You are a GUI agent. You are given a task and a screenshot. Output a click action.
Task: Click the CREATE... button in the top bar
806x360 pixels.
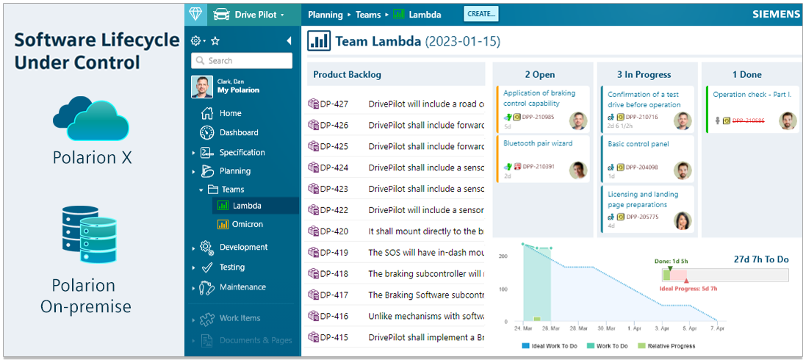tap(481, 13)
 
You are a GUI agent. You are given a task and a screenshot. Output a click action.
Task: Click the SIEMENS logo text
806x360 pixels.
tap(776, 14)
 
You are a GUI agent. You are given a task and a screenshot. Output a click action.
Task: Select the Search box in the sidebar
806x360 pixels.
tap(242, 61)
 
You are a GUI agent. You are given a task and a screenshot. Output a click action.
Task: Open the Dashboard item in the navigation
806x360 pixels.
tap(239, 133)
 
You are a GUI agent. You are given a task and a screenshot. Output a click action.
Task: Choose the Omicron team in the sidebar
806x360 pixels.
tap(247, 224)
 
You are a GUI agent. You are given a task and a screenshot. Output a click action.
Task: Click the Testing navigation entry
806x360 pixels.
tap(232, 267)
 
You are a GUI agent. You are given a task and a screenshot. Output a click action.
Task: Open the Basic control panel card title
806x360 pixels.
tap(638, 144)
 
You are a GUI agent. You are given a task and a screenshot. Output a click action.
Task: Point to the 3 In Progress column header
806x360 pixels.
tap(644, 74)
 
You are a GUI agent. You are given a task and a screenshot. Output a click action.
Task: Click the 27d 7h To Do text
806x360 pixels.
tap(761, 259)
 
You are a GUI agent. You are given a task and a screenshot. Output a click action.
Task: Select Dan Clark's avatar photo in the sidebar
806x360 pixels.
tap(202, 87)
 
